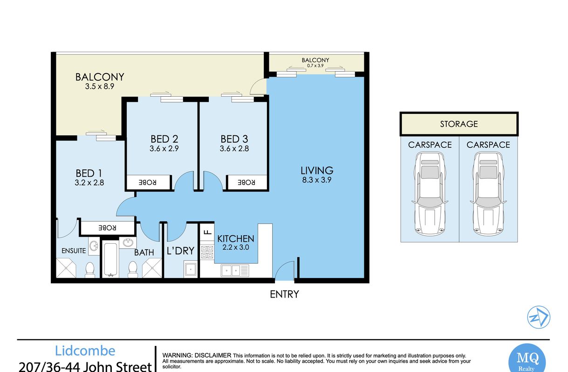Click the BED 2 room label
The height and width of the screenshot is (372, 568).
[164, 139]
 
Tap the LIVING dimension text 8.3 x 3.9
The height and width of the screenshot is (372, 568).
[317, 180]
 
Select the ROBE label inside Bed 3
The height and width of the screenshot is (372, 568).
[246, 182]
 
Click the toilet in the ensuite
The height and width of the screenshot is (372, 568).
[90, 270]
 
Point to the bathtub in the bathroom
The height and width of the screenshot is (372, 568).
[110, 259]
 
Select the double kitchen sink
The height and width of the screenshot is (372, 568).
[235, 271]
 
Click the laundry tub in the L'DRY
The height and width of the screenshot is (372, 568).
[190, 269]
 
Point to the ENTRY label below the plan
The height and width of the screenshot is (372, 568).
[284, 294]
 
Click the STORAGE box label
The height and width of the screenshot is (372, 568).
[459, 124]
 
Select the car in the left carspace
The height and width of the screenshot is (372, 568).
[430, 194]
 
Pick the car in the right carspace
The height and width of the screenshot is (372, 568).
[488, 194]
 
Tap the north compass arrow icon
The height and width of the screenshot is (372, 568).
[538, 317]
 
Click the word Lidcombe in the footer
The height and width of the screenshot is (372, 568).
[85, 351]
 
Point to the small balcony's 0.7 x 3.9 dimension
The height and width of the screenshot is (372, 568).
[315, 66]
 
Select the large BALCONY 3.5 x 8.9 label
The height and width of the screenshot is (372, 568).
[100, 81]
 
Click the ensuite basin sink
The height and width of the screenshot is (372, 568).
[94, 246]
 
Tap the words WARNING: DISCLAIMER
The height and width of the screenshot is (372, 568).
[197, 355]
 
